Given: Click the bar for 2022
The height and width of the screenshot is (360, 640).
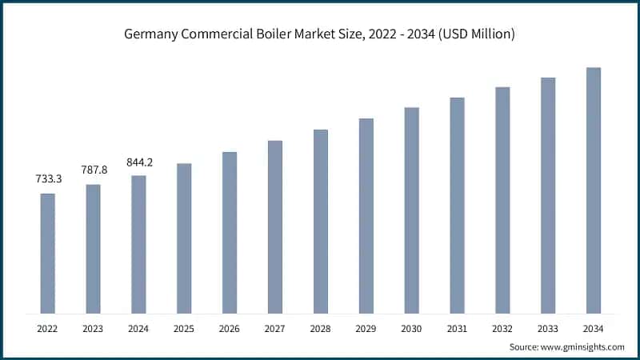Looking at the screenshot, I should coord(48,253).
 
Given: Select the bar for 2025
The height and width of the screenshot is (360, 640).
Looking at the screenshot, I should coord(184,238).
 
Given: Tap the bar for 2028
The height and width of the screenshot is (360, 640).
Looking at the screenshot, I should coord(321,221).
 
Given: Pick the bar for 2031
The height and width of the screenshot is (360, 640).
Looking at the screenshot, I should coord(457,205).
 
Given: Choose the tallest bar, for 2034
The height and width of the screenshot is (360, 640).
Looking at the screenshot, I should coord(594,190).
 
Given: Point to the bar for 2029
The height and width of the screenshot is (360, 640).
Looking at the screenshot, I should coord(366,215).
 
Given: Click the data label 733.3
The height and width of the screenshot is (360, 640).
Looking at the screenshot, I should coord(48,181).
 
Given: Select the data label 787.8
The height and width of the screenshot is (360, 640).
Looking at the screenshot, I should coord(94,171).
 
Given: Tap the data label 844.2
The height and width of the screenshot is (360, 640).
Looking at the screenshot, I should coord(139,162).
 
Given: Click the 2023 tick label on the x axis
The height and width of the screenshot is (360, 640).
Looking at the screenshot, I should coord(94,328).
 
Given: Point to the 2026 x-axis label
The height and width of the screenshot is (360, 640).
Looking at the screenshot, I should coord(230,328).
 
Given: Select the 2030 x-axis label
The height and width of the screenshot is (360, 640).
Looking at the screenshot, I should coord(411,328).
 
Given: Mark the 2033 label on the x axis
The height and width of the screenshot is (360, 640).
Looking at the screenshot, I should coord(548,328).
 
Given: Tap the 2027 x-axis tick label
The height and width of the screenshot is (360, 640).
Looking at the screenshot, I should coord(275,328).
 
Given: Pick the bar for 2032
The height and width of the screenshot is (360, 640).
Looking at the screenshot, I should coord(502,199).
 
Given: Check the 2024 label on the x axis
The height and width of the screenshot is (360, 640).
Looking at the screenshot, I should coord(139,328).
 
